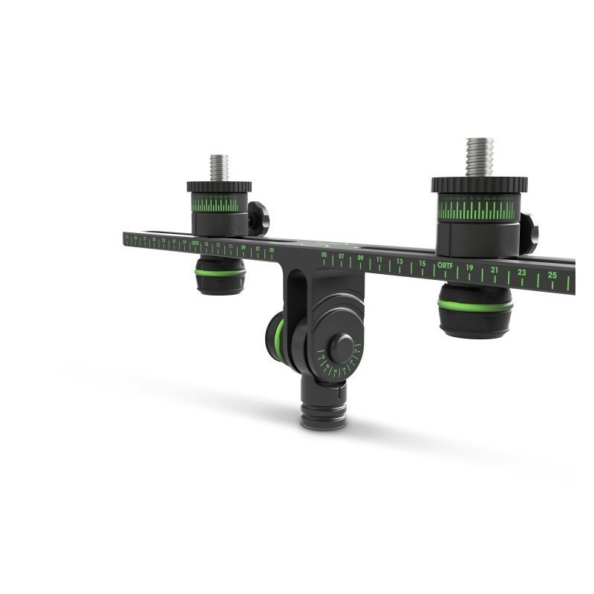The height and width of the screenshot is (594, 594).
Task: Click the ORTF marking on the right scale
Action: pos(445,265)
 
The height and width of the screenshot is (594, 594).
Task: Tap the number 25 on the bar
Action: pos(552,275)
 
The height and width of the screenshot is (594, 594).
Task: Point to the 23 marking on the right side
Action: pos(522,272)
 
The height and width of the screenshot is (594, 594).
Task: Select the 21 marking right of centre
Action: pos(495,270)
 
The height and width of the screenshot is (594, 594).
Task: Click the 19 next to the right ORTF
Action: pos(469,267)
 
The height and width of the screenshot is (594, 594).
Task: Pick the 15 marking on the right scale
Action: pos(422,264)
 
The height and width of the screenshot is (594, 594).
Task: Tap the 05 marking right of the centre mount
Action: pos(324,255)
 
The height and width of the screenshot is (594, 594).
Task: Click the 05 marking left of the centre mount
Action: pos(271,250)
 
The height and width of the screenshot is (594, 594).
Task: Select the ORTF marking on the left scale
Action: pos(195,244)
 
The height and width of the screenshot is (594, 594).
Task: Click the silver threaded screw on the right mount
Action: pos(480,157)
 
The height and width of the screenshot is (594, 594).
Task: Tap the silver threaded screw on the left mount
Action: pos(219,167)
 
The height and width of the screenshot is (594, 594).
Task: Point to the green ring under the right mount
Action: pos(475,304)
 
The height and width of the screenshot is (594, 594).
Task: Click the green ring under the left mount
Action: pos(220,272)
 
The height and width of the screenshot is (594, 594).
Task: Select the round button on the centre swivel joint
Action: pos(342,347)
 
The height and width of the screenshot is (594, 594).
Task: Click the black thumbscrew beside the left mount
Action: pos(258,218)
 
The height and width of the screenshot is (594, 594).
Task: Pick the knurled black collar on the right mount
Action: pos(480,184)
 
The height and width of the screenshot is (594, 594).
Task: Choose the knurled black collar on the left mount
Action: pos(219,186)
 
